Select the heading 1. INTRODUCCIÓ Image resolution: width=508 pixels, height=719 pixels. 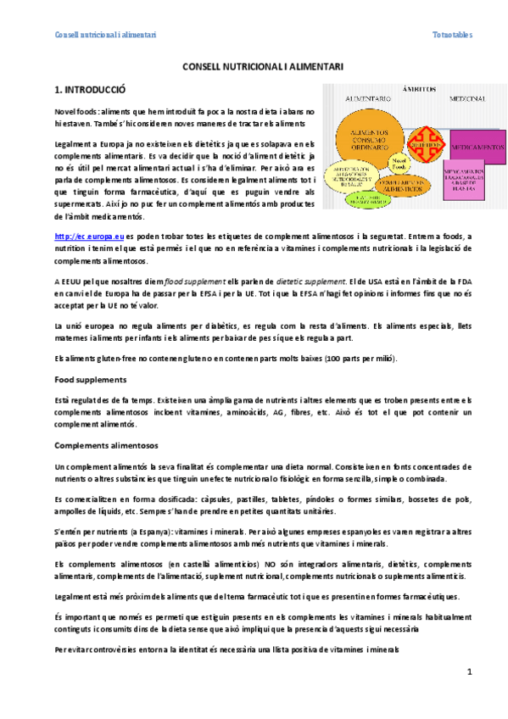pyautogui.click(x=90, y=88)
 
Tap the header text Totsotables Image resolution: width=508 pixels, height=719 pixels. pyautogui.click(x=452, y=35)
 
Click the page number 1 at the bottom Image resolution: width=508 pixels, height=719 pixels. pyautogui.click(x=469, y=672)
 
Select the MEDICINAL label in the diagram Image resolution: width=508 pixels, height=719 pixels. pyautogui.click(x=469, y=99)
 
